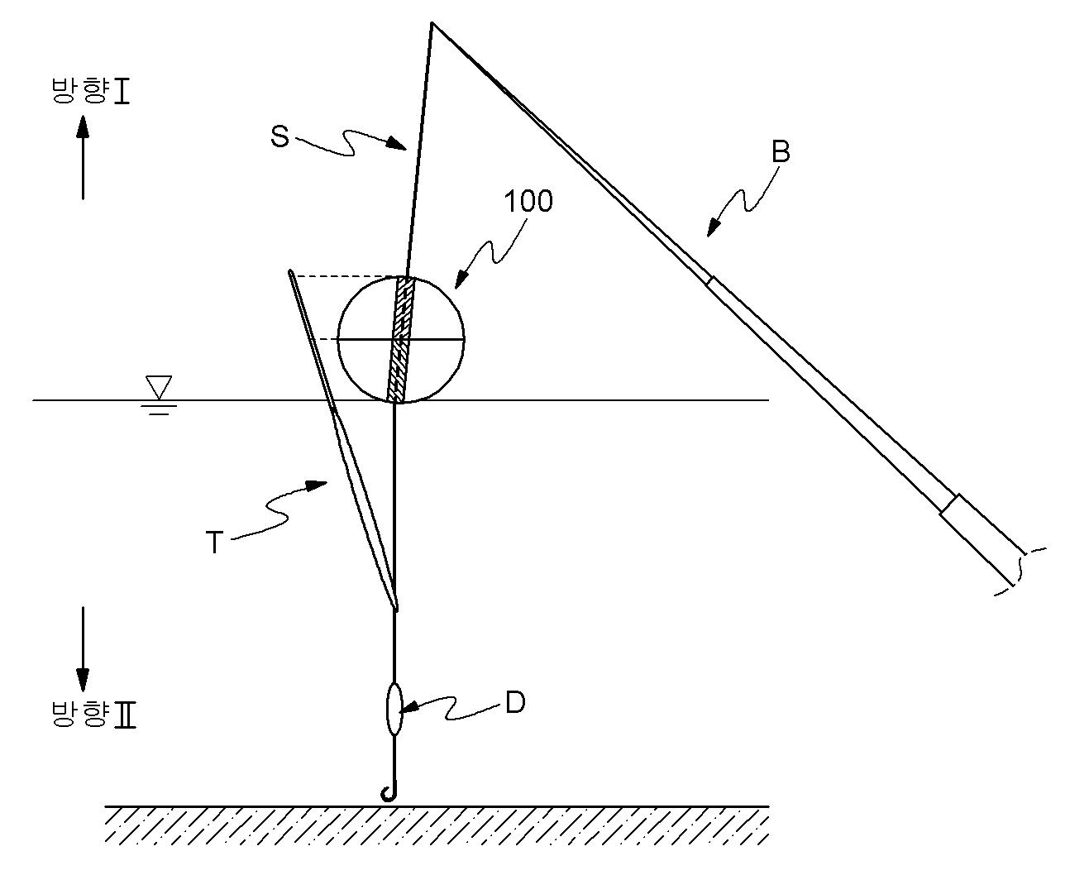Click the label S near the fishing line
click(279, 136)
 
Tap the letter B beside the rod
click(781, 151)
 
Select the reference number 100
click(528, 201)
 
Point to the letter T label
click(214, 542)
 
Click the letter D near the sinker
click(515, 704)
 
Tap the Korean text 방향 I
click(91, 91)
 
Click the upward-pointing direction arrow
click(83, 157)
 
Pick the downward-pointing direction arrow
click(83, 649)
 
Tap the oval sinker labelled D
click(394, 710)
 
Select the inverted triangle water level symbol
click(158, 388)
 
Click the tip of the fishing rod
click(432, 23)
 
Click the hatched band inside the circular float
click(401, 340)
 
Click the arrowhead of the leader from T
click(318, 485)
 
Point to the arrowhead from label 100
click(461, 280)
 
